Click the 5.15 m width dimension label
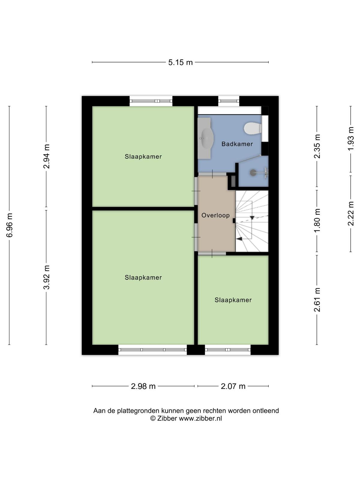180,62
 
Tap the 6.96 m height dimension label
10,225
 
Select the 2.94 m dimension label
46,156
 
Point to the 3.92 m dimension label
46,277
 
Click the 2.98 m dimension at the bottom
143,386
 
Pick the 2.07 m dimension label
233,386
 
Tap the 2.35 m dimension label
317,146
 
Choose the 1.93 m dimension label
351,139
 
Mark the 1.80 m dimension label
317,220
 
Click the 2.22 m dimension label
351,213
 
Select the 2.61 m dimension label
317,300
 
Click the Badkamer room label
237,144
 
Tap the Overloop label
215,215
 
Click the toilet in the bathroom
253,128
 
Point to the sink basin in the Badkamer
206,138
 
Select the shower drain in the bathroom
253,172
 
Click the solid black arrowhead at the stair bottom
240,239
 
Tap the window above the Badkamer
229,101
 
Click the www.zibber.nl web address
200,418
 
